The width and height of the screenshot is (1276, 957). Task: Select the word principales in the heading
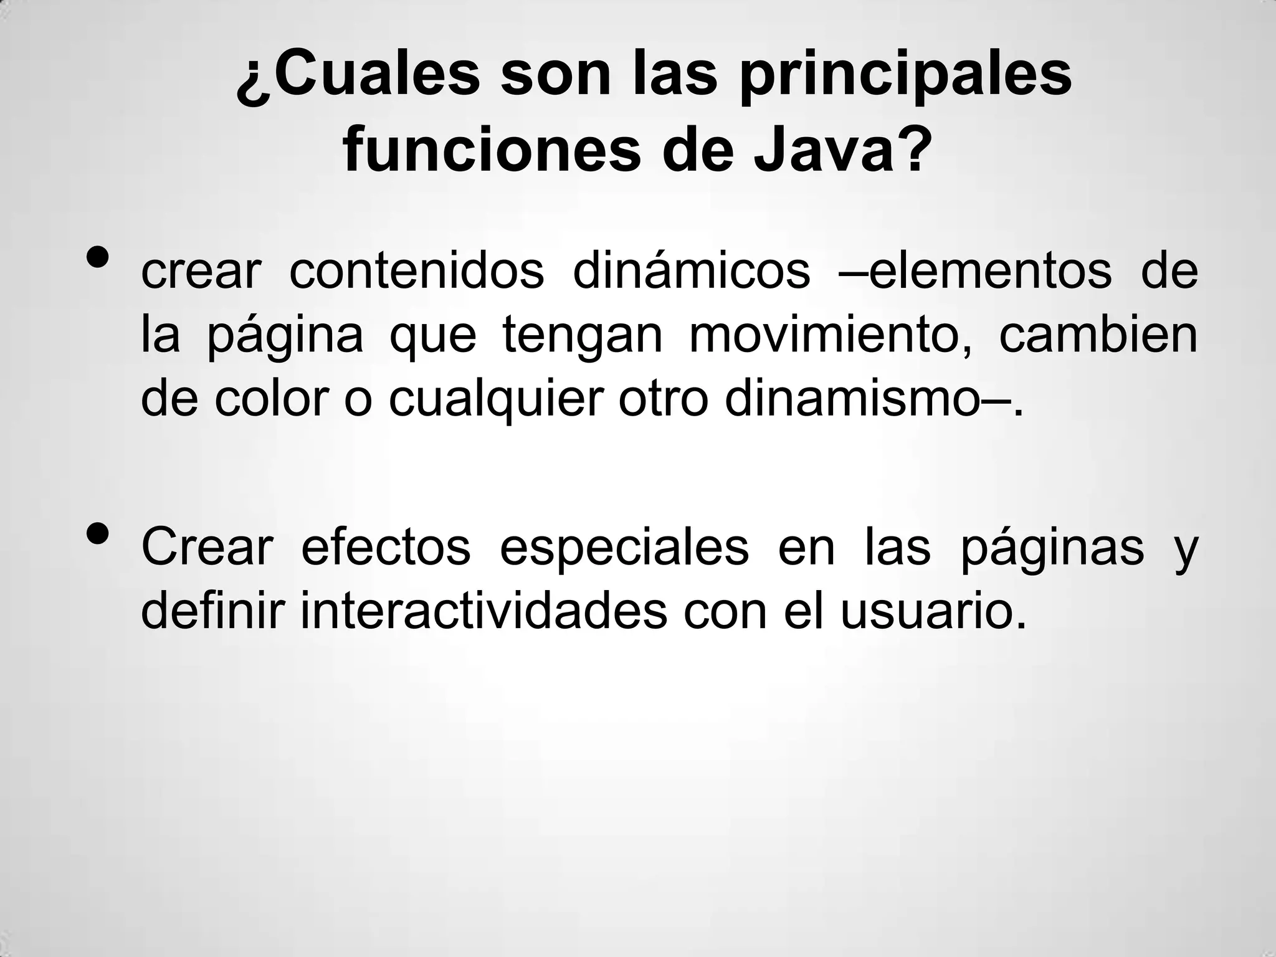(x=905, y=78)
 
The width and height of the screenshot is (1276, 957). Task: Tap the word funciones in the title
(x=492, y=151)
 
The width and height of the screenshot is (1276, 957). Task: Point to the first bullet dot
(x=99, y=256)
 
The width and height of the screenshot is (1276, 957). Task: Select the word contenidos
(x=417, y=272)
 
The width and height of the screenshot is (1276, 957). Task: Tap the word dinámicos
(x=691, y=272)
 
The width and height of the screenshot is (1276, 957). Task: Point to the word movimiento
(x=830, y=335)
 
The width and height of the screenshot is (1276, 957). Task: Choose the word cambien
(x=1098, y=335)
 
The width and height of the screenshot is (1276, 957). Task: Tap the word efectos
(x=386, y=548)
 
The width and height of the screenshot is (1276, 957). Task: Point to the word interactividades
(x=483, y=611)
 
